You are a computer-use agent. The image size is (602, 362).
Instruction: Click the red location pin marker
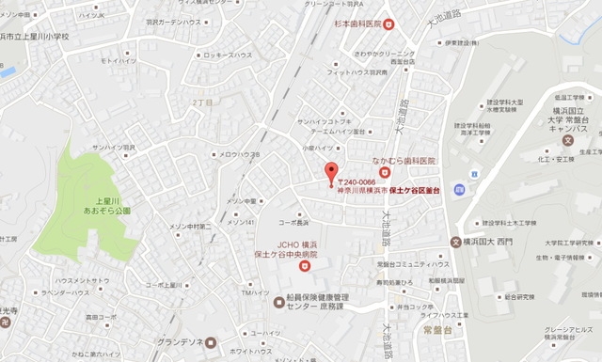tap(330, 173)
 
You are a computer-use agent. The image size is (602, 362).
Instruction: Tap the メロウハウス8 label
tap(242, 155)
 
